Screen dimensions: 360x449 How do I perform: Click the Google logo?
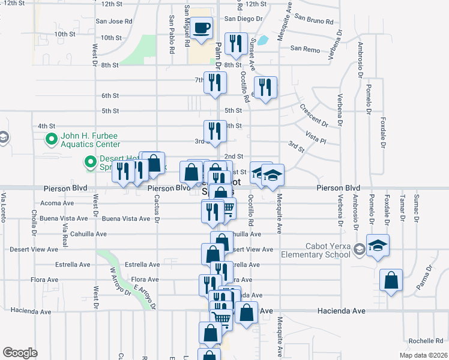click(x=20, y=352)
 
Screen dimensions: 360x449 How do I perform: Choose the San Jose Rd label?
click(x=113, y=21)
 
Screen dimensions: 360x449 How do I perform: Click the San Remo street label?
click(x=303, y=48)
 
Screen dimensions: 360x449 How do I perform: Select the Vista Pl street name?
click(x=315, y=137)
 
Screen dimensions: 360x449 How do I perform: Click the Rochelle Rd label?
click(x=425, y=341)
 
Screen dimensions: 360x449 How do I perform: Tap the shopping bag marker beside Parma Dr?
click(x=391, y=280)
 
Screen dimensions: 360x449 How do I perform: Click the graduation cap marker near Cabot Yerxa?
click(x=378, y=245)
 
